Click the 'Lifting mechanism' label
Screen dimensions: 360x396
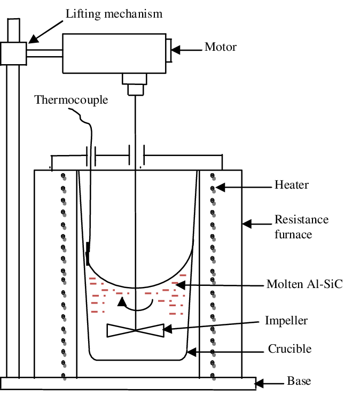click(114, 14)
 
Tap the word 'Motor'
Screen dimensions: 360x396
click(221, 47)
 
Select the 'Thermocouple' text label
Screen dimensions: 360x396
click(71, 100)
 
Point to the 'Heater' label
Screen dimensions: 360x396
click(291, 184)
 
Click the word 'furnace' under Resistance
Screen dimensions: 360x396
click(293, 234)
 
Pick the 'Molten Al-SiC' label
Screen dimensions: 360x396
click(304, 284)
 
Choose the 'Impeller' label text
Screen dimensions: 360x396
click(286, 321)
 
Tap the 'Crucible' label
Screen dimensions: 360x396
click(289, 349)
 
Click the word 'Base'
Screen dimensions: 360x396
click(299, 381)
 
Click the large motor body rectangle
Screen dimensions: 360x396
click(114, 53)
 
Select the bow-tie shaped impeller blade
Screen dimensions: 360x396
click(136, 330)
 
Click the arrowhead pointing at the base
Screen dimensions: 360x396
click(259, 383)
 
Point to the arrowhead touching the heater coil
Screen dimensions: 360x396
click(220, 188)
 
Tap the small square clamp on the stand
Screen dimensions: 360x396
click(14, 53)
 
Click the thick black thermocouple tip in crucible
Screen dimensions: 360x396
click(88, 254)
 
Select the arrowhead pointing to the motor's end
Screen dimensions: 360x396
click(176, 50)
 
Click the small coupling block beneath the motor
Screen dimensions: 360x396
click(135, 84)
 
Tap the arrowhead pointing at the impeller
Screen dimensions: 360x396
click(167, 329)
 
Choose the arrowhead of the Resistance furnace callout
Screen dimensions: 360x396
click(247, 224)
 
